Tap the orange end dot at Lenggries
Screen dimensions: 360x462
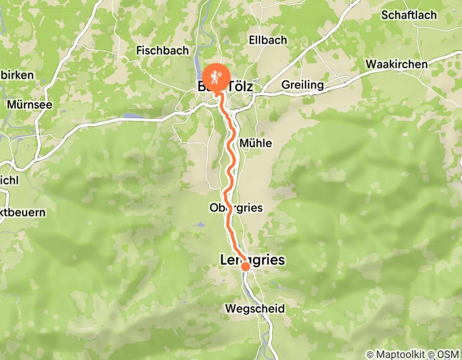click(x=245, y=266)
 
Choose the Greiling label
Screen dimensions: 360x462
click(x=303, y=85)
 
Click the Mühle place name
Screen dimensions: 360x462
click(x=256, y=143)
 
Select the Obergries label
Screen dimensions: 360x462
click(x=236, y=208)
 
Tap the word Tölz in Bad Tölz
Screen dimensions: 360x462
click(x=240, y=87)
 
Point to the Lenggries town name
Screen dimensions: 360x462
click(x=252, y=260)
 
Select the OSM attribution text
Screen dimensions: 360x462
click(x=449, y=354)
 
